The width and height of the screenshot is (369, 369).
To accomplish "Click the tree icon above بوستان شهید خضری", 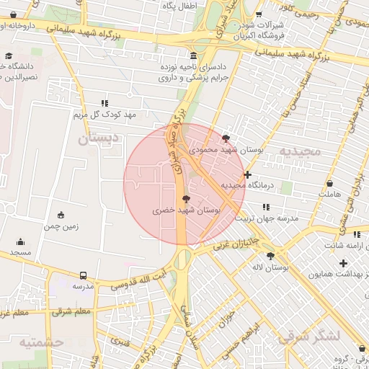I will (187, 198).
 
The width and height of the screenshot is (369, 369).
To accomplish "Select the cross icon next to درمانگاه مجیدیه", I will (248, 174).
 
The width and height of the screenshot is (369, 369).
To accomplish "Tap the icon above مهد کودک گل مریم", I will (105, 103).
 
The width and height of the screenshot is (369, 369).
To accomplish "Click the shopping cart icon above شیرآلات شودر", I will (259, 14).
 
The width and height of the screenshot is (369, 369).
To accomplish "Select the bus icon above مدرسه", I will (84, 275).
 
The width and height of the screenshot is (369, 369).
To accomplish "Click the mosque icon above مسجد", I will (20, 241).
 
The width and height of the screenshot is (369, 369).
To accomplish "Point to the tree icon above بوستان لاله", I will (270, 256).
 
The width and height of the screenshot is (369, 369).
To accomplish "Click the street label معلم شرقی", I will (71, 311).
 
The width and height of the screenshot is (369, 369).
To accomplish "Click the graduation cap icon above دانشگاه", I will (9, 55).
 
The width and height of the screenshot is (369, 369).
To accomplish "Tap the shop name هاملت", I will (326, 194).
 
